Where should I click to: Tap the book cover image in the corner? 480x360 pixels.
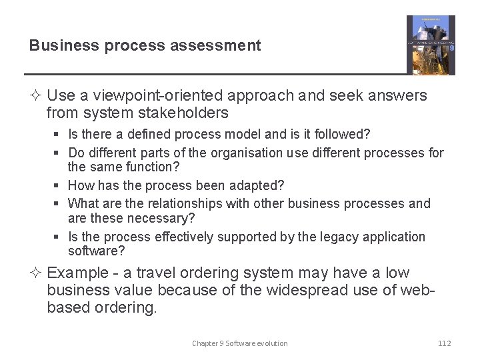(x=431, y=45)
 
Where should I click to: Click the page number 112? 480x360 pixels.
(x=444, y=343)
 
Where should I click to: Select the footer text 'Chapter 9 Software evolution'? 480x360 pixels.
(x=240, y=343)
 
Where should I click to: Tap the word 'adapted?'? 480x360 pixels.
(x=258, y=186)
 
